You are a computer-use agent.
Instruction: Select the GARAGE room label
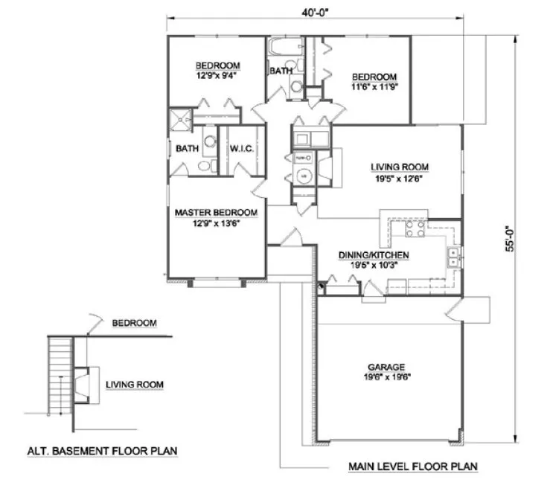(385, 367)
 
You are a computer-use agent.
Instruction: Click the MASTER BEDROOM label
(216, 213)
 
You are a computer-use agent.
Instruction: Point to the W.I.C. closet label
(243, 149)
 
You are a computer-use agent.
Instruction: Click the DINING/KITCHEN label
(374, 254)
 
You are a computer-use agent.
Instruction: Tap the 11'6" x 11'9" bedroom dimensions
(375, 86)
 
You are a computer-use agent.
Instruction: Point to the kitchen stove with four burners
(414, 228)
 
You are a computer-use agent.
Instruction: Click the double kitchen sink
(453, 257)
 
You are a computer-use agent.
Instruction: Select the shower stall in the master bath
(181, 119)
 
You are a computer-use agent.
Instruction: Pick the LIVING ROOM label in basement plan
(134, 384)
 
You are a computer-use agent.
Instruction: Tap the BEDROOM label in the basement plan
(135, 323)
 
